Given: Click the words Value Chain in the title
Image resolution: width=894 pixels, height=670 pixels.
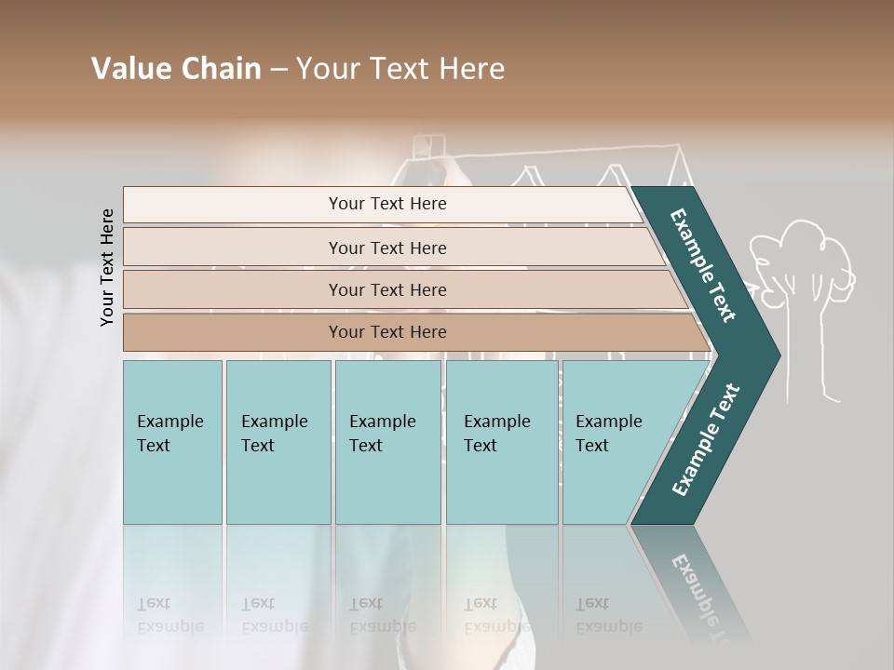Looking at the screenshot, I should click(x=176, y=69).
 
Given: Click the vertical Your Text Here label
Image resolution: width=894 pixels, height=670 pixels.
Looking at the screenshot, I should click(x=108, y=268).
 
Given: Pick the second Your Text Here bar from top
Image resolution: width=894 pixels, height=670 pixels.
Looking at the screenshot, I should click(x=387, y=248).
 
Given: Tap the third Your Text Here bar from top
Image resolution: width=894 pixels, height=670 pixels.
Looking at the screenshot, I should click(x=387, y=289).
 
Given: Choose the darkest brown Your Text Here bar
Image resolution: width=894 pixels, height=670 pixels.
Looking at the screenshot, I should click(x=387, y=332).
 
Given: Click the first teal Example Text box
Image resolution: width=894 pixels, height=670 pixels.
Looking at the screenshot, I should click(x=172, y=441).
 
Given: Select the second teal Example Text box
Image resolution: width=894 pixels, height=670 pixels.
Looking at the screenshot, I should click(x=278, y=441).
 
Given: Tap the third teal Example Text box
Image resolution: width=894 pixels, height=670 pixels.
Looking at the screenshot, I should click(x=386, y=441).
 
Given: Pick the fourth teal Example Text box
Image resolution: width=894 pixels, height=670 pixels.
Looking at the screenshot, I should click(x=501, y=441).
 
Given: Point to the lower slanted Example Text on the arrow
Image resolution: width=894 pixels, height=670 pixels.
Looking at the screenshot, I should click(x=706, y=439).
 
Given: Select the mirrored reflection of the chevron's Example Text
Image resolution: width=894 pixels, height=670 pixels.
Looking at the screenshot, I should click(x=703, y=596).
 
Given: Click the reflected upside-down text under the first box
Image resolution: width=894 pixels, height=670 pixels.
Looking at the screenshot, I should click(x=170, y=615).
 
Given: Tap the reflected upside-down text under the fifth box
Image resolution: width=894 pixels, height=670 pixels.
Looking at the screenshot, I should click(x=608, y=615).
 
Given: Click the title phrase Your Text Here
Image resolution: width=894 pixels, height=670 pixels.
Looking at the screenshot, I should click(x=400, y=69).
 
